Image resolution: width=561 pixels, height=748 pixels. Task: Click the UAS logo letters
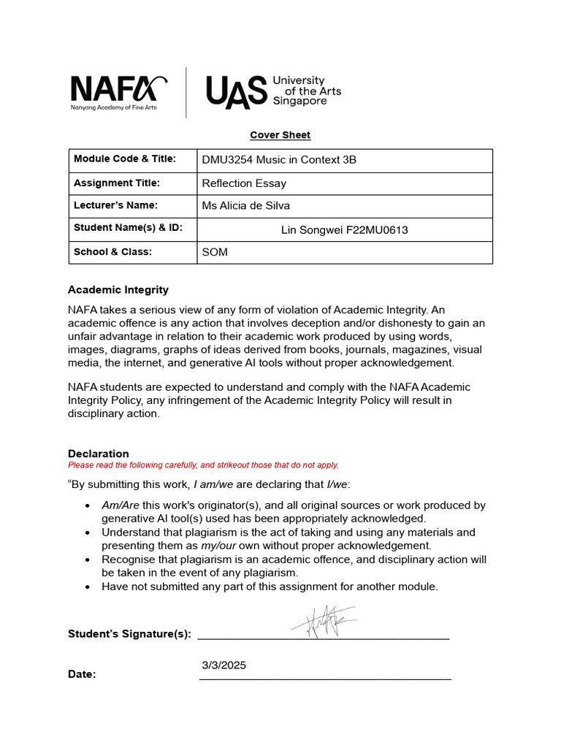pos(236,93)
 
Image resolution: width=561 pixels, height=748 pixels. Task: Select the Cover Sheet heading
pos(280,135)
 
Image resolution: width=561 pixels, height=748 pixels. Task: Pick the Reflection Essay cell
pos(244,183)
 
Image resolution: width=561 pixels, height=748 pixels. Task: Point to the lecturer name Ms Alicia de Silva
pos(245,206)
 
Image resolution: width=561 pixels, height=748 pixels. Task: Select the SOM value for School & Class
pos(215,252)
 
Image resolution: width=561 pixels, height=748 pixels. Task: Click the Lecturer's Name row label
pos(115,205)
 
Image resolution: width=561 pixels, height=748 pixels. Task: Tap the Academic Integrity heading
pos(118,290)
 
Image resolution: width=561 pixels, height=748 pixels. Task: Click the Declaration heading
pos(99,454)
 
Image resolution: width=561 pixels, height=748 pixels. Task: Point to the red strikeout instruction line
pos(203,465)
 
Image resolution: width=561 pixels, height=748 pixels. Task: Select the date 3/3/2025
pos(224,665)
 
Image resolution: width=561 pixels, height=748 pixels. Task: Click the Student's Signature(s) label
pos(129,634)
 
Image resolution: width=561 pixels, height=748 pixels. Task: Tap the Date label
pos(82,674)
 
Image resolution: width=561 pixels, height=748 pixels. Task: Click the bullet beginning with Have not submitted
pos(270,587)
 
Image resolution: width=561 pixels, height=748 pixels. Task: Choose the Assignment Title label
pos(117,183)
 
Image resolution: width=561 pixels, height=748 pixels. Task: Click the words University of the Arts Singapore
pos(306,91)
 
